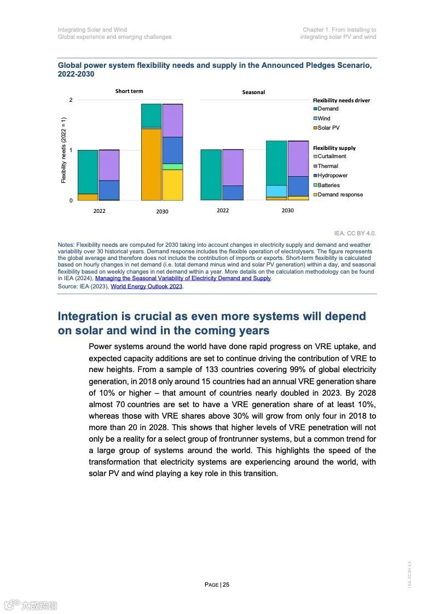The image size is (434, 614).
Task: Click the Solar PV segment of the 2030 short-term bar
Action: (151, 164)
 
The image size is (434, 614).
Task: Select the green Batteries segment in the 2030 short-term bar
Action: (172, 166)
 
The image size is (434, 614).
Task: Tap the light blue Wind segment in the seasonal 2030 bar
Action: (276, 190)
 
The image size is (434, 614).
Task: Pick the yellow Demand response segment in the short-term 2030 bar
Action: (172, 185)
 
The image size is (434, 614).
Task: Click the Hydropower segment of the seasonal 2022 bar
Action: (233, 193)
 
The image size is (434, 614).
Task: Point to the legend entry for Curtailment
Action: (332, 157)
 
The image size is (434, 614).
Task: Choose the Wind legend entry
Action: (324, 118)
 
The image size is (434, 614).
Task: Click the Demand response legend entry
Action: (340, 195)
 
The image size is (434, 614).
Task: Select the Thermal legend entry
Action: (328, 166)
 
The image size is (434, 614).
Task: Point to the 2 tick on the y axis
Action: (71, 100)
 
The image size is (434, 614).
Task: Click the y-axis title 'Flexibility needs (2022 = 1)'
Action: (63, 150)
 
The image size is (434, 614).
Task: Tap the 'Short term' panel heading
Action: (129, 91)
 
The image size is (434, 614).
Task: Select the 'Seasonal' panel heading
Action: (253, 92)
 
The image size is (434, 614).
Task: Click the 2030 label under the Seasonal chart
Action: (287, 211)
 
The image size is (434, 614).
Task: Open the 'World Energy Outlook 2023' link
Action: (146, 286)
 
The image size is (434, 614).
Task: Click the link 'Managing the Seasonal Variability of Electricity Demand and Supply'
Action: (183, 279)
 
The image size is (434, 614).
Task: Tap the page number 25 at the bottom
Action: (226, 584)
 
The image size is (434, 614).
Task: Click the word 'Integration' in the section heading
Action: (88, 316)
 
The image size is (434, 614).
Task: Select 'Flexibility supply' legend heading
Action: (334, 148)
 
